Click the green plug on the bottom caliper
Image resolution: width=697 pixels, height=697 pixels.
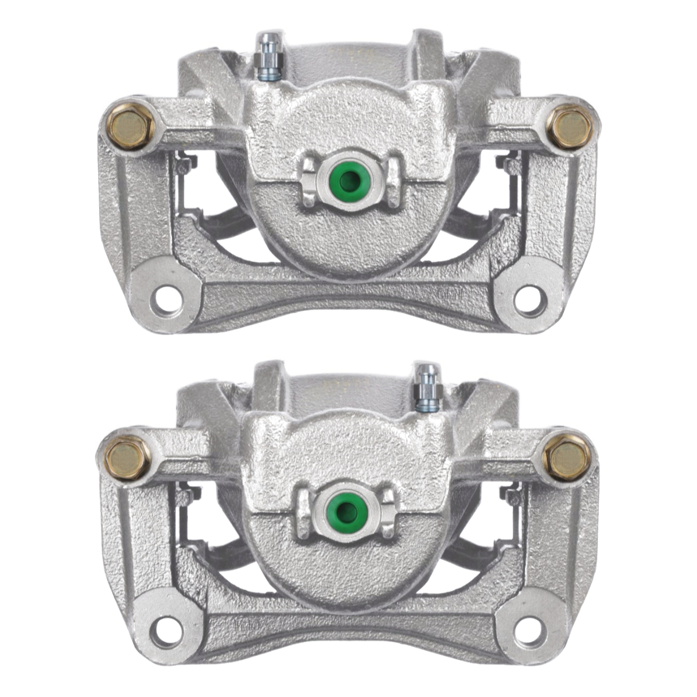point(347,509)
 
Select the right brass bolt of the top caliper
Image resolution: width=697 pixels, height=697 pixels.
point(569,127)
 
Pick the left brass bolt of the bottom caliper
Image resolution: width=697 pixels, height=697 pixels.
point(127,458)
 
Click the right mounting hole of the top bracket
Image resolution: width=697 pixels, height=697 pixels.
point(530,300)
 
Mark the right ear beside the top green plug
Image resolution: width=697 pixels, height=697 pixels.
point(394,181)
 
